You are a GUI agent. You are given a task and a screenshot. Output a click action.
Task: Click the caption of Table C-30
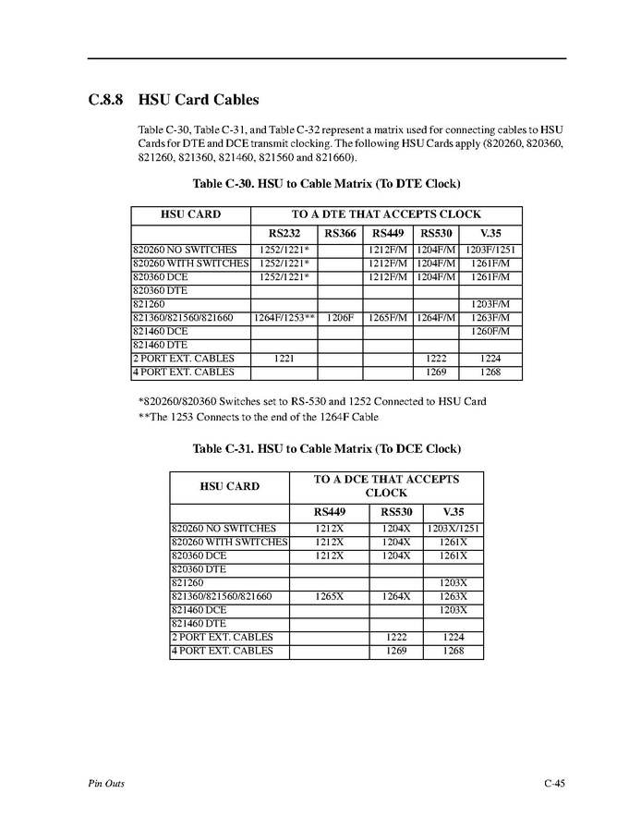point(326,183)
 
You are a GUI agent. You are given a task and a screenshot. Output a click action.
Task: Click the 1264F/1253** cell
point(284,317)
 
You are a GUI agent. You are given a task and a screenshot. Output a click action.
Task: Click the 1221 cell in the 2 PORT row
point(284,359)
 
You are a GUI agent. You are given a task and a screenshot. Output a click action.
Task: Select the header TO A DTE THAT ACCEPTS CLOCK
point(386,214)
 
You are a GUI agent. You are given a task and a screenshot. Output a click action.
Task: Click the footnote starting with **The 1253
point(258,416)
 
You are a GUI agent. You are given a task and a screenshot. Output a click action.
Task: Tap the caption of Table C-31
point(326,449)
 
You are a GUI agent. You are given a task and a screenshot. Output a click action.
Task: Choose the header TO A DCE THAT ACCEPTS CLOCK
point(386,486)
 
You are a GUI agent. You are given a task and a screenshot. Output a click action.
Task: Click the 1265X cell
point(329,596)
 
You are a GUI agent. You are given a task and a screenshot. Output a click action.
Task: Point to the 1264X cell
point(395,596)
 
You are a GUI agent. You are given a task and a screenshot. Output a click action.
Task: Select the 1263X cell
point(453,596)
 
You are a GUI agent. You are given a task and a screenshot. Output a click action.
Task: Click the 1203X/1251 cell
point(453,529)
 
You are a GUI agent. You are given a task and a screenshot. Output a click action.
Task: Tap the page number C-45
point(554,784)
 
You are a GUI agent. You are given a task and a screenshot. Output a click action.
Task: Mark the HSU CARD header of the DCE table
point(230,486)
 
